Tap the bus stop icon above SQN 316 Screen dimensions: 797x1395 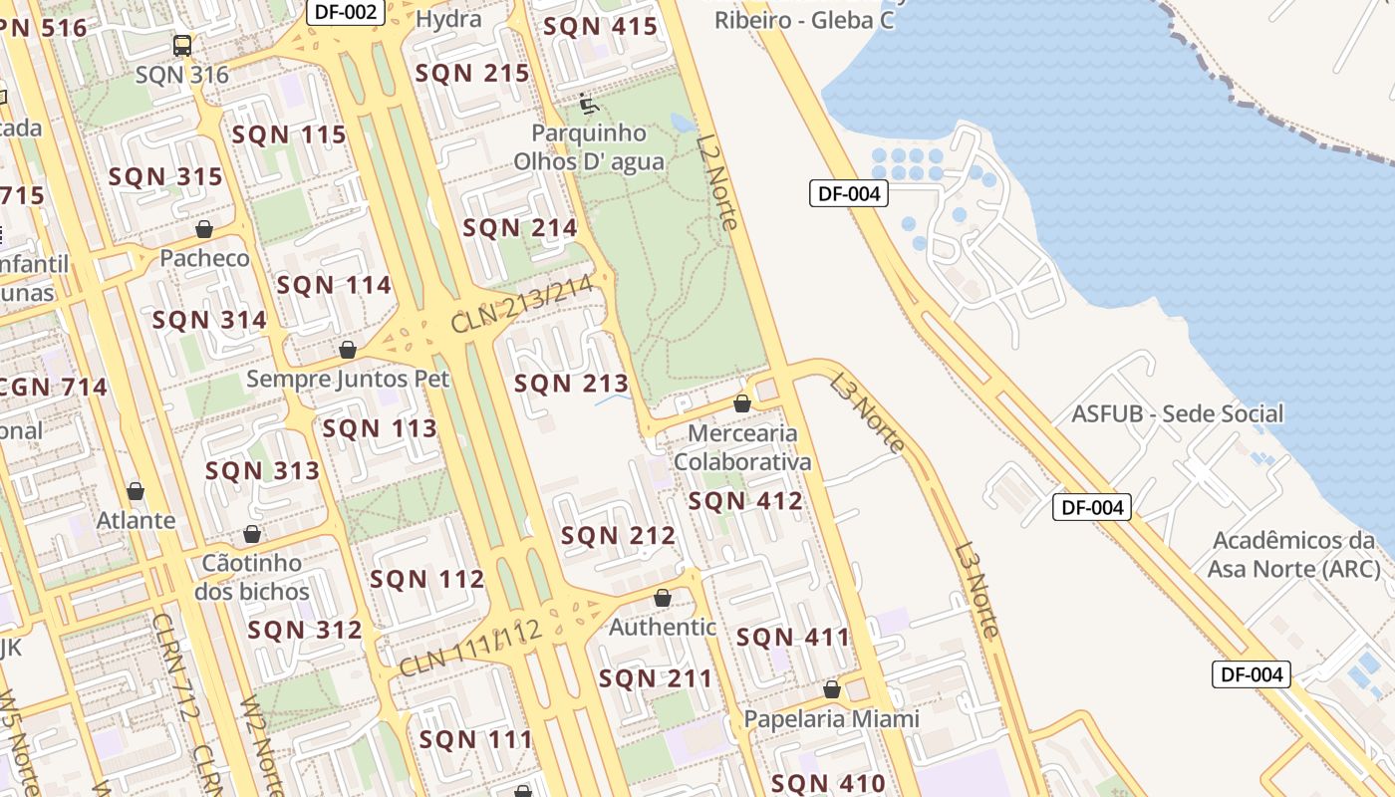[182, 46]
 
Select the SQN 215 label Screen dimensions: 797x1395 [472, 73]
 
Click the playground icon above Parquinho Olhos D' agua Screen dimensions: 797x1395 [588, 103]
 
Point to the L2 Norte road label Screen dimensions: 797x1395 [717, 182]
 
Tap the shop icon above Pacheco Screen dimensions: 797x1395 [204, 230]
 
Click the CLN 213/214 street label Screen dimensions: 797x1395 [522, 305]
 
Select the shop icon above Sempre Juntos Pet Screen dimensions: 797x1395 [348, 351]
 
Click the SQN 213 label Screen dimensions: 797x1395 [571, 384]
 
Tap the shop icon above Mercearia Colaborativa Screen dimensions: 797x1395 [742, 404]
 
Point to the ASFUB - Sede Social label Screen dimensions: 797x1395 [1177, 413]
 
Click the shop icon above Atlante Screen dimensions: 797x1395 [136, 492]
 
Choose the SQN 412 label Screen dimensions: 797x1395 [745, 501]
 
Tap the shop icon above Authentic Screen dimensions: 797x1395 [663, 599]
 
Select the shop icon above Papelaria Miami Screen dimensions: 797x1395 [832, 690]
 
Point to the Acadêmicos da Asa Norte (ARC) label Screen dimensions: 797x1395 [1293, 555]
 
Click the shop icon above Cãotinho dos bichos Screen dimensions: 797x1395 [252, 535]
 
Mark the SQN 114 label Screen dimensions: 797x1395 [334, 286]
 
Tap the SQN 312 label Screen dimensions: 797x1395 [305, 631]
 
